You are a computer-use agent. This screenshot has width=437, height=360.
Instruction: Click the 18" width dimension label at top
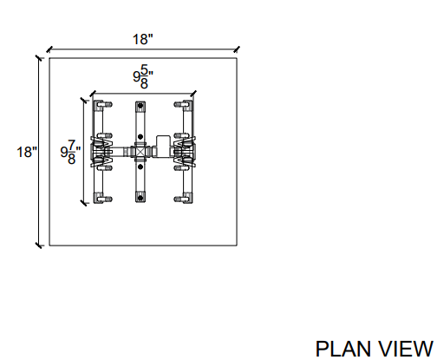point(142,39)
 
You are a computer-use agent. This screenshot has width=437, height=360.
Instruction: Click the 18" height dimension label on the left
point(27,152)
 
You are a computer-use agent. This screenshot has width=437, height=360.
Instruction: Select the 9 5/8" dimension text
point(143,76)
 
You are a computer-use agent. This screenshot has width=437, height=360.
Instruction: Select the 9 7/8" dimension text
point(70,152)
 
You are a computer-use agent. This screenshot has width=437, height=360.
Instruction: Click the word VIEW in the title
point(406,349)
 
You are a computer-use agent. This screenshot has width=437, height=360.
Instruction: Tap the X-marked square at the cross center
point(140,152)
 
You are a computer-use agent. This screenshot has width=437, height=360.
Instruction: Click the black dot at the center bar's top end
point(140,106)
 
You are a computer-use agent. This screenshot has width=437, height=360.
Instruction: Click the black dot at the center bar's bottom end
point(140,198)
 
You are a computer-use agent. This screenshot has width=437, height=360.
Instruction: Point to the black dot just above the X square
point(140,137)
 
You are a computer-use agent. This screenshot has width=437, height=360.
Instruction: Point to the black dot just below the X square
point(140,167)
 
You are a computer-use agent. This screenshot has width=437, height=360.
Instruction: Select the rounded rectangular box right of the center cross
point(163,147)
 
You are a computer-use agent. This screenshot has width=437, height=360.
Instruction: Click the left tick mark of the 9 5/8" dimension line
point(93,94)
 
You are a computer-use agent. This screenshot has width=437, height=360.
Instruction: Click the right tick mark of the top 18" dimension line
point(237,49)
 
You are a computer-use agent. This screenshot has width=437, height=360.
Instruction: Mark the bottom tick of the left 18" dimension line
point(39,245)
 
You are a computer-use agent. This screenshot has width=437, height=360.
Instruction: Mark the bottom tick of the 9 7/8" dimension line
point(83,203)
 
